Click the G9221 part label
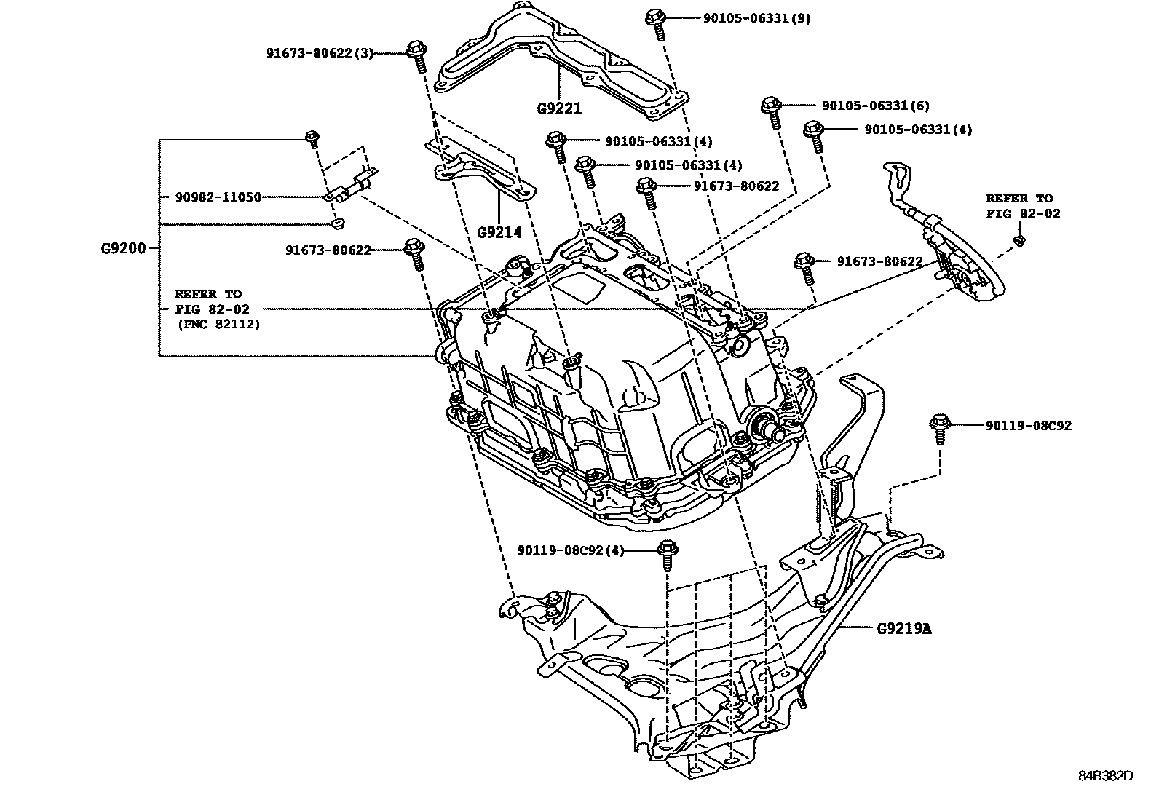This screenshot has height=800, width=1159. coord(559,109)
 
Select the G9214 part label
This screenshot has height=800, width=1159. coord(499,232)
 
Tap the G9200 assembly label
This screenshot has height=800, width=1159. coord(124,248)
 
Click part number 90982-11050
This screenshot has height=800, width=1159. coord(218,197)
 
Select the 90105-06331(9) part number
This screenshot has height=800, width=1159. coord(756,17)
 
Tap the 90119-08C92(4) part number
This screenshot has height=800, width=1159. coord(571,550)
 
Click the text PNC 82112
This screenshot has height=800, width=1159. coord(218,325)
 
